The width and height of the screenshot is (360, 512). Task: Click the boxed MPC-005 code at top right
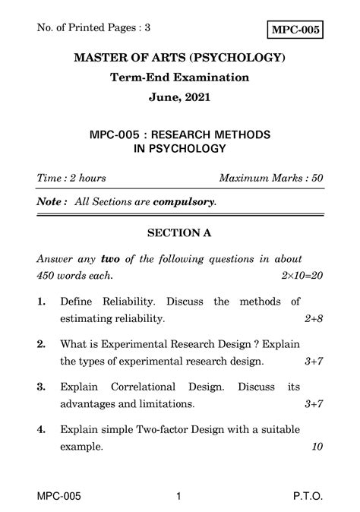tap(295, 30)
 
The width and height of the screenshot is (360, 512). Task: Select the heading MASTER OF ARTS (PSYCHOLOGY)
tap(180, 58)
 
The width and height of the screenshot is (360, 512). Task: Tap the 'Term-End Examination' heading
tap(180, 77)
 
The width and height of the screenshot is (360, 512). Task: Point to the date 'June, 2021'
tap(180, 98)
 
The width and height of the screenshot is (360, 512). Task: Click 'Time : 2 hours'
tap(71, 179)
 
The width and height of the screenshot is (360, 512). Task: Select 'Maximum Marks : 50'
tap(270, 179)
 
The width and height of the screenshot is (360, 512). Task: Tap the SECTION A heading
tap(180, 233)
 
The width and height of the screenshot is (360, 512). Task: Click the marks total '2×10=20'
tap(302, 275)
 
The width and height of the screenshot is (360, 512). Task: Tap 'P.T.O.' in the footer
tap(307, 496)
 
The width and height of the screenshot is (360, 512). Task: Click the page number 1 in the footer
tap(178, 496)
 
